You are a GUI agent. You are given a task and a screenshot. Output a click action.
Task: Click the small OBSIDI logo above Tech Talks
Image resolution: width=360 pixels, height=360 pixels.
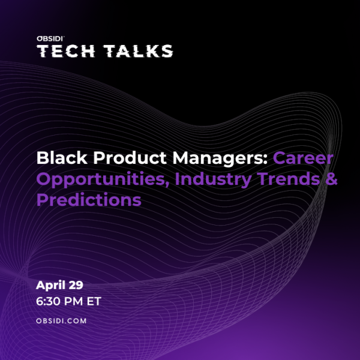(x=50, y=38)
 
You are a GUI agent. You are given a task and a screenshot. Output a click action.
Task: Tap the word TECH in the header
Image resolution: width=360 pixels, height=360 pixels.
(x=66, y=51)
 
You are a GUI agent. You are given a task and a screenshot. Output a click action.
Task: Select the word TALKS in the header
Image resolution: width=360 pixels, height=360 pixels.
(x=139, y=51)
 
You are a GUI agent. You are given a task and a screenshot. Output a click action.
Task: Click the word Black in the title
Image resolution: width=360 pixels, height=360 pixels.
(x=62, y=158)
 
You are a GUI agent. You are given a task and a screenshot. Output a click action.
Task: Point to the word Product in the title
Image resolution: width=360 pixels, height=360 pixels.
(x=130, y=158)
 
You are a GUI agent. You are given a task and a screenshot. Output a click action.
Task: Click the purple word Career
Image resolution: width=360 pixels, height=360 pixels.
(x=303, y=158)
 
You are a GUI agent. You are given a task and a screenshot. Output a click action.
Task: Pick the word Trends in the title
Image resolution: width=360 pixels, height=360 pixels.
(x=288, y=179)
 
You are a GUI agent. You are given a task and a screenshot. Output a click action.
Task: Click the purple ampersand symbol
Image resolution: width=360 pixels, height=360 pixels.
(x=331, y=179)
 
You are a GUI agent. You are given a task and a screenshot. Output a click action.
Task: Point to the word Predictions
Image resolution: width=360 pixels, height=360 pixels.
(x=89, y=200)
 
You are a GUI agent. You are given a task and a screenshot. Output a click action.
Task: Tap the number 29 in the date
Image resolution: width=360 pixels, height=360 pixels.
(x=76, y=285)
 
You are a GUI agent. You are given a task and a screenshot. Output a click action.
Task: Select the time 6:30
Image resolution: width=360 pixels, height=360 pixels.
(x=48, y=301)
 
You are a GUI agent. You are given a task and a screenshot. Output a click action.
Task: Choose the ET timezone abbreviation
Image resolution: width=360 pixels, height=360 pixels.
(x=94, y=301)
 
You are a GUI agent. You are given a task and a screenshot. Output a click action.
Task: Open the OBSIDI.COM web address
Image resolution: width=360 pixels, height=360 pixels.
(x=61, y=321)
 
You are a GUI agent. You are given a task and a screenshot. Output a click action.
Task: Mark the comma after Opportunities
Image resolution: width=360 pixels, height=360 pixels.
(x=167, y=184)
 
